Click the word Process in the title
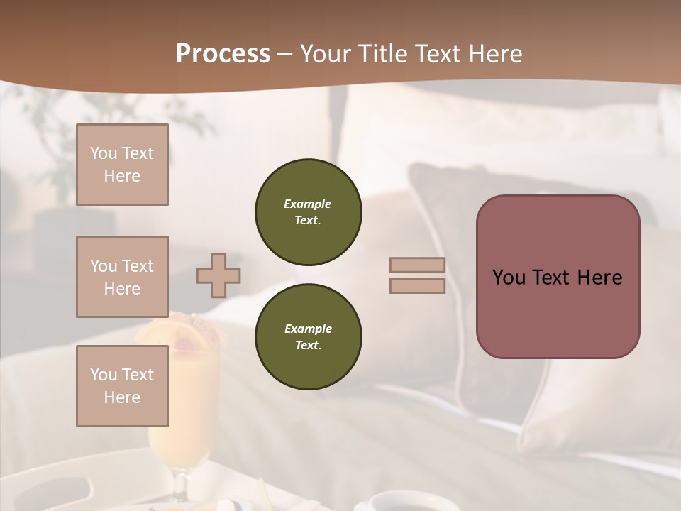[x=223, y=54]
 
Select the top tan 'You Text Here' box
[x=122, y=165]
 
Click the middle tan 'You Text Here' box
[x=122, y=277]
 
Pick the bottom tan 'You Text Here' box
[x=122, y=386]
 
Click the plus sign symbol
[x=218, y=275]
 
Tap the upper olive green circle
[x=309, y=212]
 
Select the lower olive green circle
[x=309, y=337]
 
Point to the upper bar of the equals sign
[x=418, y=265]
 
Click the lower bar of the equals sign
[x=418, y=285]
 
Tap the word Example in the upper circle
[x=307, y=204]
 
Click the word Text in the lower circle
[x=307, y=346]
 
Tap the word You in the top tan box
[x=103, y=153]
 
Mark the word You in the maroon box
[x=509, y=278]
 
